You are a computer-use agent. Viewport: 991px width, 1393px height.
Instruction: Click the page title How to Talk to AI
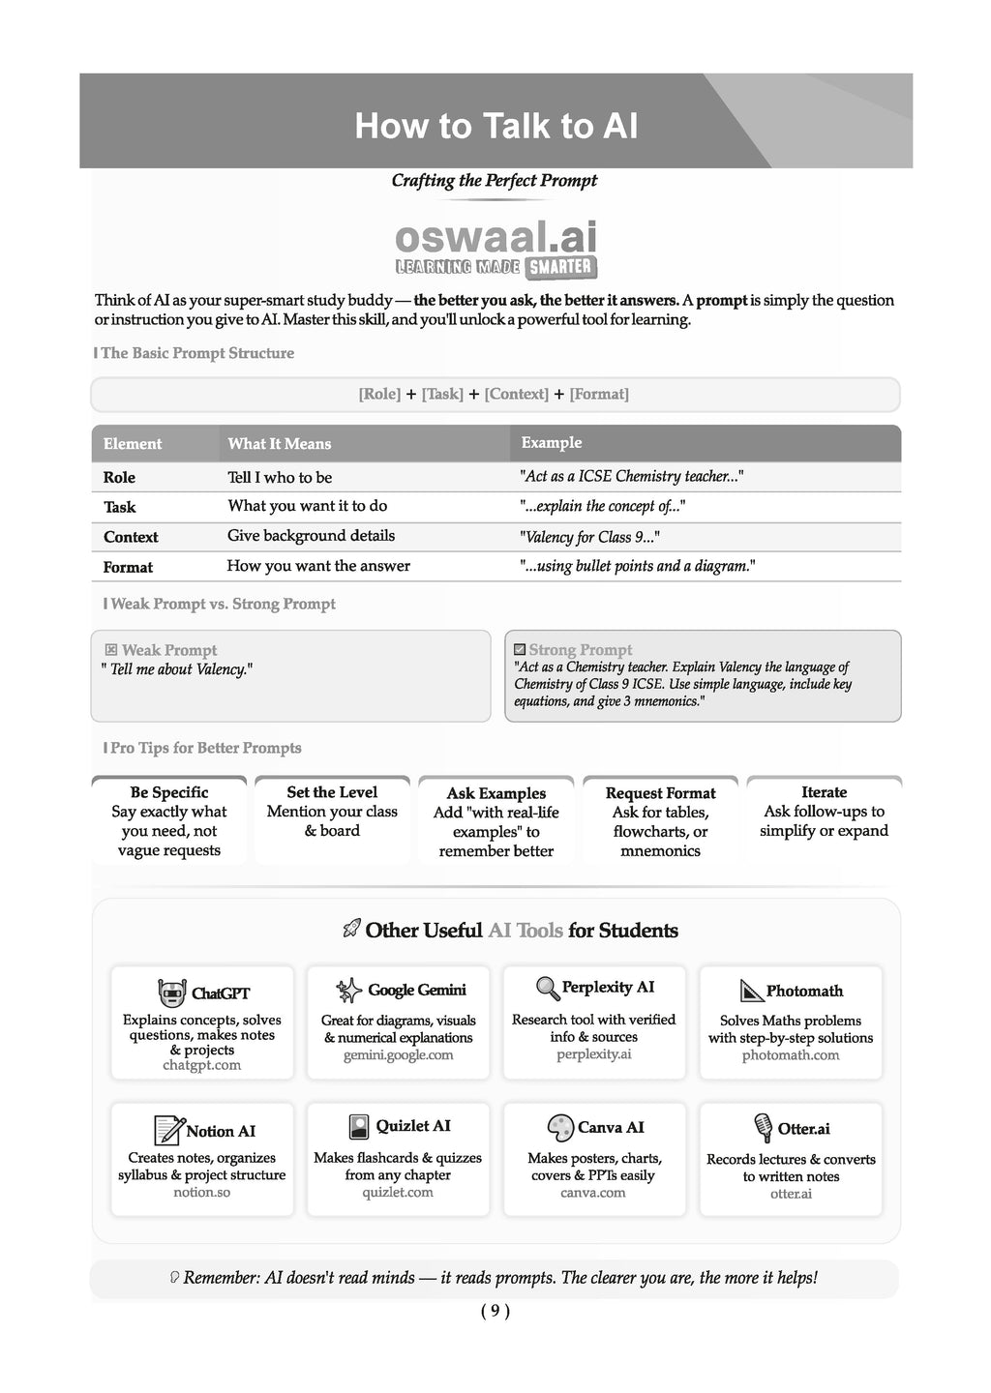(x=495, y=127)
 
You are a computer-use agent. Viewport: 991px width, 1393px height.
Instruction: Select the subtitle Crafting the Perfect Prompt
(x=494, y=181)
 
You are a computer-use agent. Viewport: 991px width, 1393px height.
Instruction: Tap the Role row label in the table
(x=119, y=478)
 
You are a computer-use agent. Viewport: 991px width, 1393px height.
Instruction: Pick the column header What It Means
(x=279, y=444)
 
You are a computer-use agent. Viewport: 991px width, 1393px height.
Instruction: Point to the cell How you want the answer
(x=318, y=566)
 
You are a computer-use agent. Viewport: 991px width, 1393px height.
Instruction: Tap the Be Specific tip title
(x=169, y=792)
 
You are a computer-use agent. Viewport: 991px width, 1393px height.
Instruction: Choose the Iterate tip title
(x=824, y=792)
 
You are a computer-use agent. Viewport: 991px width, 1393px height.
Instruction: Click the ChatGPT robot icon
(x=171, y=993)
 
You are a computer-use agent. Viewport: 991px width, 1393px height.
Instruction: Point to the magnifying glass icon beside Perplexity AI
(x=548, y=988)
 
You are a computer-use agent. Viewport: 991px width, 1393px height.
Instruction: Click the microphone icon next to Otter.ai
(x=763, y=1128)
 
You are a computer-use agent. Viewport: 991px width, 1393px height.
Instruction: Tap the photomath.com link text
(x=791, y=1055)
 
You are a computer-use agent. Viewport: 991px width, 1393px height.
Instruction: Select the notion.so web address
(x=202, y=1193)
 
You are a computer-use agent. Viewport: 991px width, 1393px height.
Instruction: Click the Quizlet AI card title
(x=413, y=1126)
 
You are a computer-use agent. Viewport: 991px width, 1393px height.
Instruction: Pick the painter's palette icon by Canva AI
(x=560, y=1128)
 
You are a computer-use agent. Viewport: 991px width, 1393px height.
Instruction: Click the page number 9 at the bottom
(x=495, y=1312)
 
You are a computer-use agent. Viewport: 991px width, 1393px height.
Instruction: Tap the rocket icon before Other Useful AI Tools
(x=351, y=931)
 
